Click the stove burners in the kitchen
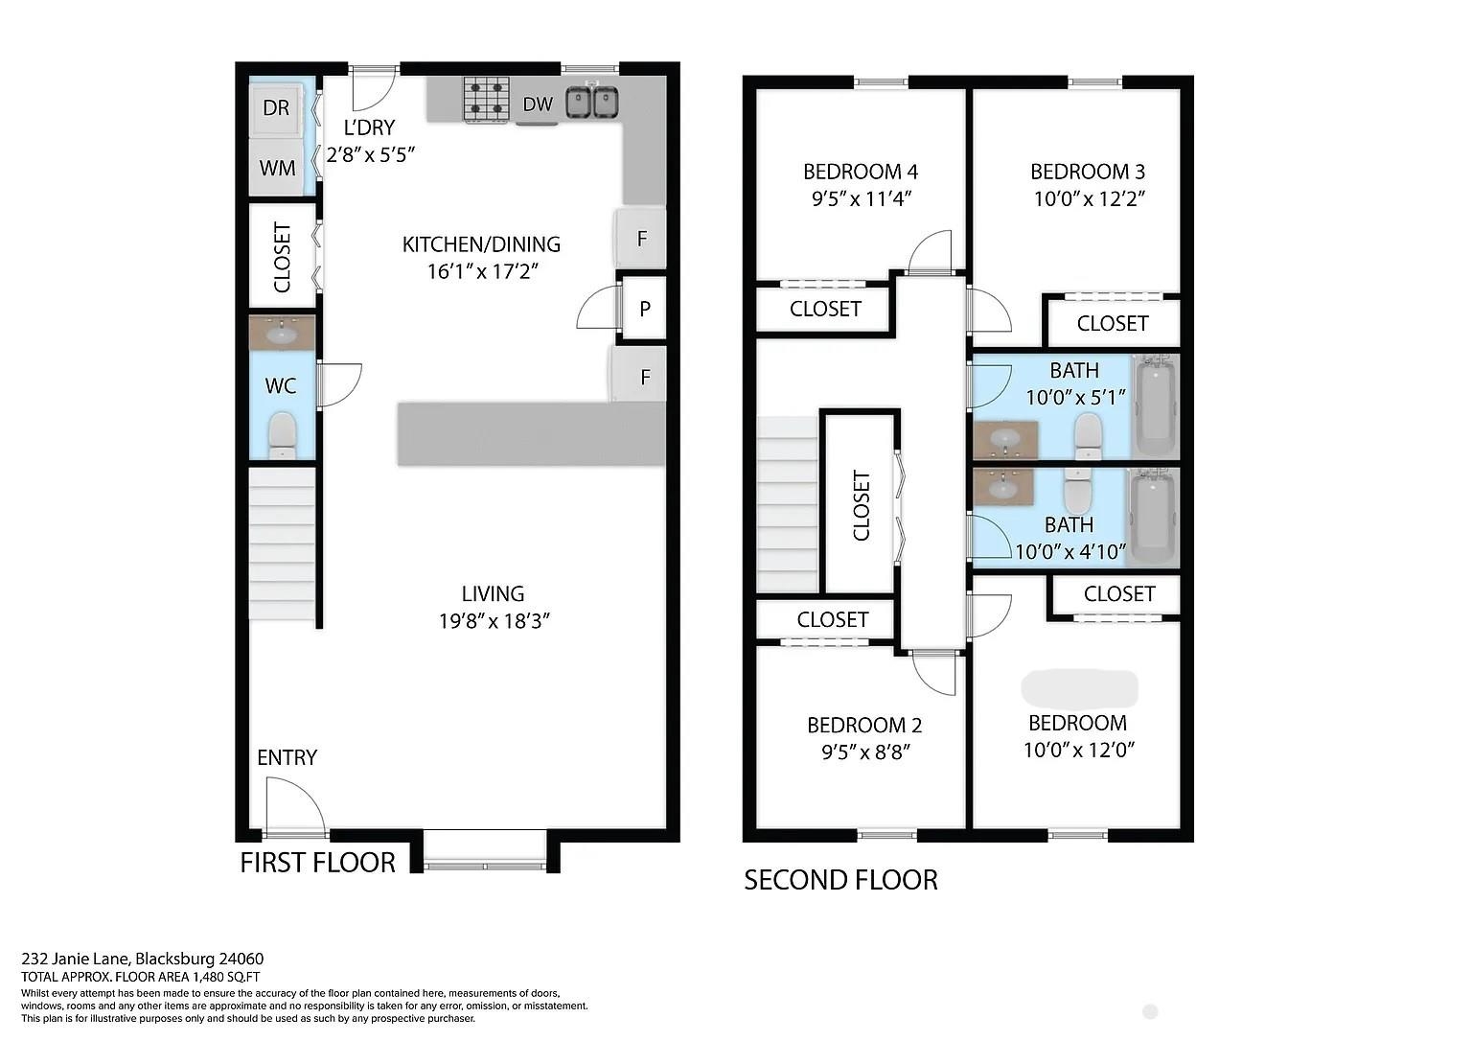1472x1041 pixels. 487,100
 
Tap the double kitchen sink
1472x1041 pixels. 592,102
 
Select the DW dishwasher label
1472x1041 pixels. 538,104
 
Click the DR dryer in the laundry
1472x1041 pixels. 277,107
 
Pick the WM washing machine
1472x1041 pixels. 277,169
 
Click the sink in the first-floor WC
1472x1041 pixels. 282,334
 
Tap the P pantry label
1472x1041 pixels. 645,309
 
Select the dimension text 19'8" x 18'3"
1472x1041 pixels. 494,620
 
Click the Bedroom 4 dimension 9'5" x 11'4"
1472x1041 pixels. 861,197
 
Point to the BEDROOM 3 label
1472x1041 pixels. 1088,172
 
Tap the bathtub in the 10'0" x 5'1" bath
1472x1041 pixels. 1155,406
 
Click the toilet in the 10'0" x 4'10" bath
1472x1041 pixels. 1077,491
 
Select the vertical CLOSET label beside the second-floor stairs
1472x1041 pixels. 861,505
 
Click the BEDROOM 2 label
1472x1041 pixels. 864,725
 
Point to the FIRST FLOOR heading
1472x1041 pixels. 317,863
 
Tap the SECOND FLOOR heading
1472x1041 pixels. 840,880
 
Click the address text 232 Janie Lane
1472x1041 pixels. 78,959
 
